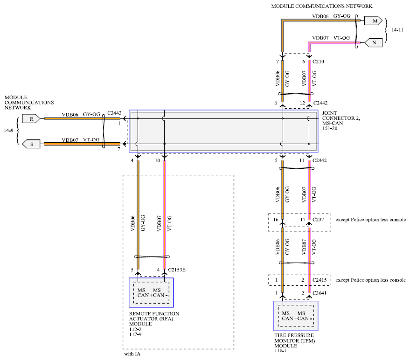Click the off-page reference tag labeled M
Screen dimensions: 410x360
pos(374,21)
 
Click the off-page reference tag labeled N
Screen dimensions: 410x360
pos(374,42)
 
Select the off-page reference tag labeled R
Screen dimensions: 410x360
pos(31,119)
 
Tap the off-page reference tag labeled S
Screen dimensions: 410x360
pos(31,144)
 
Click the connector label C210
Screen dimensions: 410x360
pos(318,62)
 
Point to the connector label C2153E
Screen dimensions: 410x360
pos(177,270)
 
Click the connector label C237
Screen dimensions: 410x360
pos(318,220)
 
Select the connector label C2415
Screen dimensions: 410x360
pos(320,280)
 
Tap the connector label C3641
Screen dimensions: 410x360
pos(320,293)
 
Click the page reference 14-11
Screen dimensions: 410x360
pos(397,30)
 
